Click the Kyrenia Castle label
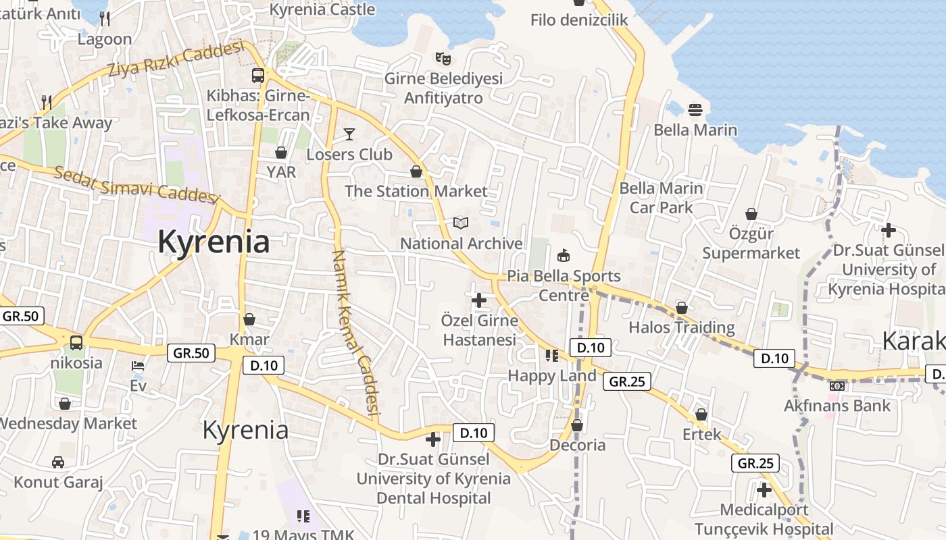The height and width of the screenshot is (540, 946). click(322, 9)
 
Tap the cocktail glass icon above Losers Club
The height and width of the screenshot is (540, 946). click(349, 134)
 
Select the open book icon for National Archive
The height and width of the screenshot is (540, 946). click(461, 223)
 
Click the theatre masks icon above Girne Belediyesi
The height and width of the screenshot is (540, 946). click(443, 58)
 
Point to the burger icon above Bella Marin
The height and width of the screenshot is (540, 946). click(695, 109)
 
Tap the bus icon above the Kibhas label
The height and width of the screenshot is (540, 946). click(258, 75)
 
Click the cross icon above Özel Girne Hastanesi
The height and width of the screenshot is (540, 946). click(479, 299)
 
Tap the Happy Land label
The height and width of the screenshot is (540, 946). click(552, 375)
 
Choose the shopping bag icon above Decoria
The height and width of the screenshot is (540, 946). click(577, 425)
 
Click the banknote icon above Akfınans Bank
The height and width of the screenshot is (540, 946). click(837, 386)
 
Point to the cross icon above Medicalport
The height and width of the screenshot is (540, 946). click(764, 489)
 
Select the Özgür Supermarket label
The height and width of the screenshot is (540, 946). click(751, 244)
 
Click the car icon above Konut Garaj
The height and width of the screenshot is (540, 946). click(58, 462)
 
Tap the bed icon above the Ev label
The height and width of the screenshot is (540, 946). click(138, 366)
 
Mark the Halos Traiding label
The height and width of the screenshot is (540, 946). click(682, 327)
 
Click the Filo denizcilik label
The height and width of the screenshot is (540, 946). click(579, 20)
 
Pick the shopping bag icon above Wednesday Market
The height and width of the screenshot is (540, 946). click(65, 404)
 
